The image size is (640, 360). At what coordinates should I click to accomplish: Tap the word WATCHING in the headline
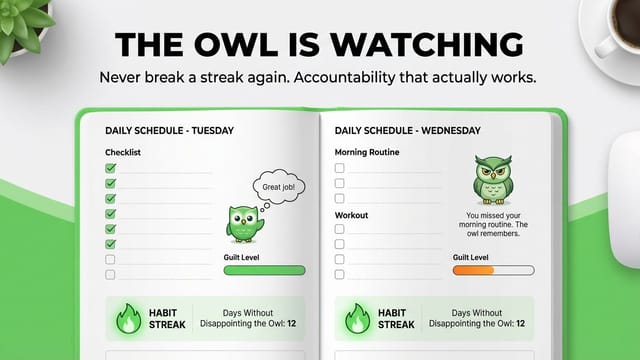pyautogui.click(x=427, y=44)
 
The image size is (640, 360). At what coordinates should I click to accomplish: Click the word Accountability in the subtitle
pyautogui.click(x=344, y=78)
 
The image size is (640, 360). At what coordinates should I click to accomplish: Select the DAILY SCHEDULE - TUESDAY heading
pyautogui.click(x=169, y=131)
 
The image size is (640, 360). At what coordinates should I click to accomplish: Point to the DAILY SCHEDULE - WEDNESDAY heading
pyautogui.click(x=408, y=131)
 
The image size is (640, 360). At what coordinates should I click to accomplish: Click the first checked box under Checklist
pyautogui.click(x=110, y=168)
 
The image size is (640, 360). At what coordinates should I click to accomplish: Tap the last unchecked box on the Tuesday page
pyautogui.click(x=110, y=274)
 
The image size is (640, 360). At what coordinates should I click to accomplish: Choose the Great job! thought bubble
pyautogui.click(x=279, y=187)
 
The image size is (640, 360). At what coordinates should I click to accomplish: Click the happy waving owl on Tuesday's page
pyautogui.click(x=244, y=224)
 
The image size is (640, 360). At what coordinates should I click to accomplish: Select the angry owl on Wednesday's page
pyautogui.click(x=493, y=179)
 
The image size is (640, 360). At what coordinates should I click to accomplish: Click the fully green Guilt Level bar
pyautogui.click(x=264, y=270)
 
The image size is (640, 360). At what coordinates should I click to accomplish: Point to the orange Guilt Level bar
pyautogui.click(x=473, y=270)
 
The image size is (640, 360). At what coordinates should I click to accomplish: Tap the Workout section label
pyautogui.click(x=351, y=215)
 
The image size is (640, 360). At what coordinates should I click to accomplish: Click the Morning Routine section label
pyautogui.click(x=367, y=152)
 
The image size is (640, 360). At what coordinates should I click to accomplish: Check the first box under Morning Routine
pyautogui.click(x=340, y=168)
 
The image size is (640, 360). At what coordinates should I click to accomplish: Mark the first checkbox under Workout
pyautogui.click(x=340, y=229)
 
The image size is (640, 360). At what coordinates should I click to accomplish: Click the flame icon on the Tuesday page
pyautogui.click(x=129, y=319)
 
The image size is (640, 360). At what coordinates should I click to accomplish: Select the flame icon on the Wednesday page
pyautogui.click(x=358, y=319)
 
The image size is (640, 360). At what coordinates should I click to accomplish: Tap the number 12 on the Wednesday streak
pyautogui.click(x=520, y=324)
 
